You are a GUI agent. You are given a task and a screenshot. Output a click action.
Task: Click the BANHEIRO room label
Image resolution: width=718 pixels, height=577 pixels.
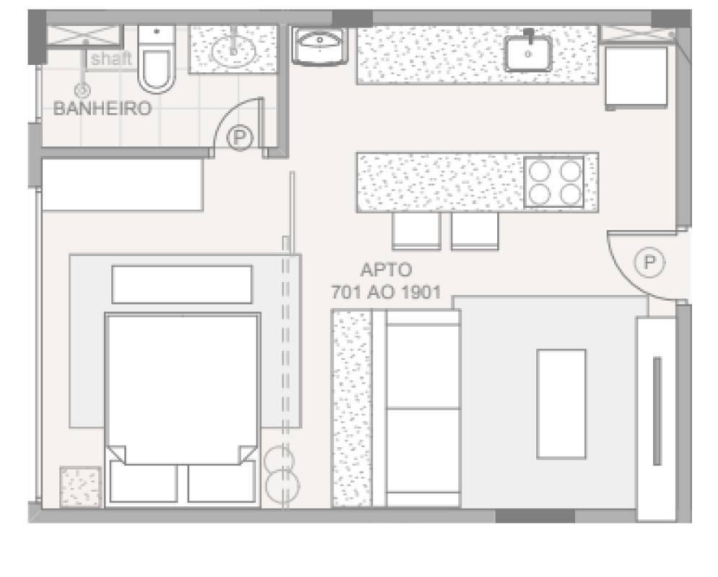tap(103, 110)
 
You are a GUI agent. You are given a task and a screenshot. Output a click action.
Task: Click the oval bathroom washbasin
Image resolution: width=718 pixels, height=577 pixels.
tap(233, 50)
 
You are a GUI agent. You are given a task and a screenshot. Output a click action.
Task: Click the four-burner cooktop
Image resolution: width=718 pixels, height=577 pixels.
tap(553, 182)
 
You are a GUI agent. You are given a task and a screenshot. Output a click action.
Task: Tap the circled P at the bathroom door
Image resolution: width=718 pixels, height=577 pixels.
tap(239, 137)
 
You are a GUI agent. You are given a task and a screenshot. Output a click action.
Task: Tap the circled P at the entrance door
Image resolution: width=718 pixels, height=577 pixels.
tap(650, 263)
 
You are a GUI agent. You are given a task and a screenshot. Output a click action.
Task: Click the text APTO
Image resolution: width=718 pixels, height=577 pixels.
tap(386, 270)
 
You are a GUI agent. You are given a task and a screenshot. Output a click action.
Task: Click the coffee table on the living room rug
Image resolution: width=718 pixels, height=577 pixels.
tap(561, 403)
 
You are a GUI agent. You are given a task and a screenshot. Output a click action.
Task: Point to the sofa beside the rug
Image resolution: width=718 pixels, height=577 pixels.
tap(422, 409)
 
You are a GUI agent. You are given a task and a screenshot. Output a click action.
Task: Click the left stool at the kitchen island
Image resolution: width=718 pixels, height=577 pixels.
tap(416, 231)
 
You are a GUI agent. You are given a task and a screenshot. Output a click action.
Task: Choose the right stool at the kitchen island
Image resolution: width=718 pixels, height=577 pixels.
tap(474, 231)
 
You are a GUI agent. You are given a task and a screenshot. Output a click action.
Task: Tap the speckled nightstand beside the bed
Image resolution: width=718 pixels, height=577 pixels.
tap(80, 487)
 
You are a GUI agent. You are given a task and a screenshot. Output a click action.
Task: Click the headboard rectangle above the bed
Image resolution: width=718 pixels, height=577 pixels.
tap(182, 284)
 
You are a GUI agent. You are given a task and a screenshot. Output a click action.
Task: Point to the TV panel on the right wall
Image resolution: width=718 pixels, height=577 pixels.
tap(656, 410)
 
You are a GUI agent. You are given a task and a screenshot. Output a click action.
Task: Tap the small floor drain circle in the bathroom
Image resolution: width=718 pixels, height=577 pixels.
tap(83, 89)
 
